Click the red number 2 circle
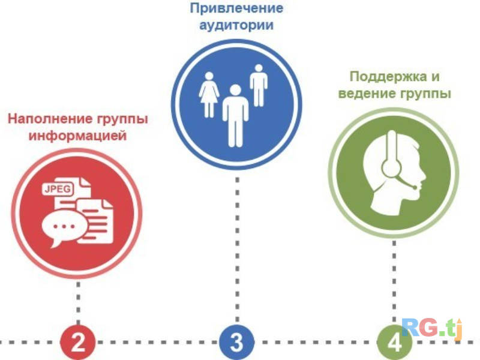[78, 343]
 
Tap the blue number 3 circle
[236, 343]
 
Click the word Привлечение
[236, 8]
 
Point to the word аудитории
[236, 26]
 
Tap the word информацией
[79, 136]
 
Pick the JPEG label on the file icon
[57, 190]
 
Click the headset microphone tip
[414, 187]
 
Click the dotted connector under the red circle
[78, 300]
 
